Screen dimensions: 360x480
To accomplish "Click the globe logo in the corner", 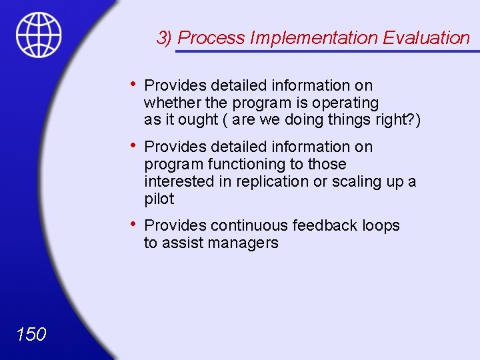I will [39, 35].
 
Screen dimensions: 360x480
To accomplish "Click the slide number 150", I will [31, 334].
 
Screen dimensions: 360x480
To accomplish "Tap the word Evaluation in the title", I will [427, 38].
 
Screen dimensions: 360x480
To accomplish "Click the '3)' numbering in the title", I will [165, 38].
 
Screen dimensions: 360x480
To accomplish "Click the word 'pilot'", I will [159, 199].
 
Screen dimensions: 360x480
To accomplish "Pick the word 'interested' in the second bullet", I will [177, 181].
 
